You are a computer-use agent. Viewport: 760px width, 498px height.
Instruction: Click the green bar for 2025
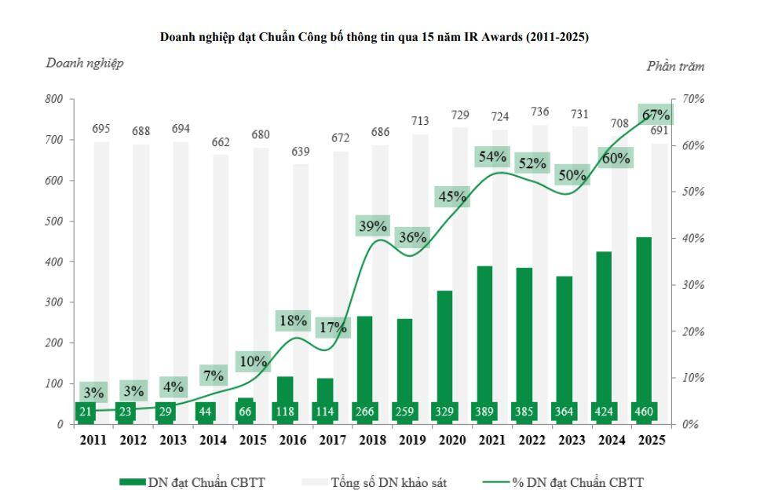643,314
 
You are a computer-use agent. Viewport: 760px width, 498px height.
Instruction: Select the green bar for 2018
364,353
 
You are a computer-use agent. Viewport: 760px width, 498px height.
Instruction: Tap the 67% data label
656,115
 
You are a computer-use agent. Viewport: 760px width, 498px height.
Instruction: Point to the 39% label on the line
373,226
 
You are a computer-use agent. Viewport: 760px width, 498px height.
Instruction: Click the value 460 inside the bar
643,411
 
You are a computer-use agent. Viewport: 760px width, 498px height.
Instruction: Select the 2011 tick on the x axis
93,441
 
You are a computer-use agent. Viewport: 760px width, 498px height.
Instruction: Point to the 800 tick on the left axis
53,99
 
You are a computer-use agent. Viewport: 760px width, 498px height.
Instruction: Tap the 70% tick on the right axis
693,99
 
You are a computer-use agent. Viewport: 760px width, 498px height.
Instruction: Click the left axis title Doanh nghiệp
84,63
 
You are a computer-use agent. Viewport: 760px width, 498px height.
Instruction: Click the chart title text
374,37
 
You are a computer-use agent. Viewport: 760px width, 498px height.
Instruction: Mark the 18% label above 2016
292,320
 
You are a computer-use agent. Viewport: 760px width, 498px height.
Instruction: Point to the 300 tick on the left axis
53,302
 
